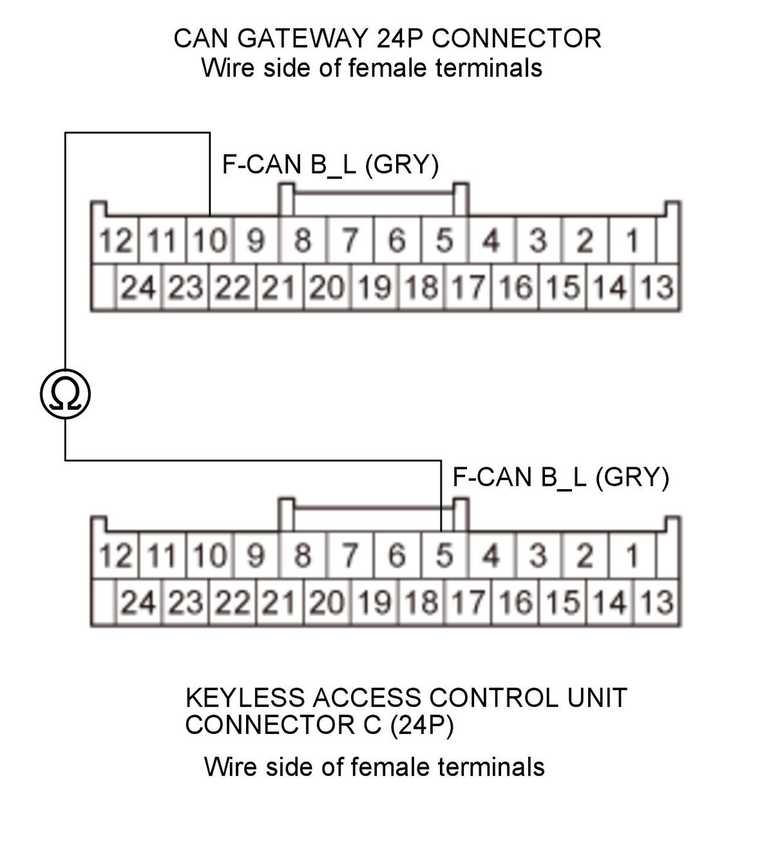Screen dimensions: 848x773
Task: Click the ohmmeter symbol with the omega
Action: point(64,394)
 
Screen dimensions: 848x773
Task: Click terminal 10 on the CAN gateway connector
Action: point(210,242)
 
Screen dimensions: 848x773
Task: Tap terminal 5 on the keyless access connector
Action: point(444,556)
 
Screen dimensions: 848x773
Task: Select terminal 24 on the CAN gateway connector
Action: point(138,287)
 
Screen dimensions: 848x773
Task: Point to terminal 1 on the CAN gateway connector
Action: point(631,242)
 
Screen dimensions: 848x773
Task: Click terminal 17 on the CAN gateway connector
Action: point(467,287)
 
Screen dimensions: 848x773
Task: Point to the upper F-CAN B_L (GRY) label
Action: point(330,165)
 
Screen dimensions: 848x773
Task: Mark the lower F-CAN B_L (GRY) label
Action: point(560,477)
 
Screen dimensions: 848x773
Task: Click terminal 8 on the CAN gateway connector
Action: point(303,242)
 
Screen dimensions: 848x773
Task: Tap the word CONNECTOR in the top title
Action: point(516,39)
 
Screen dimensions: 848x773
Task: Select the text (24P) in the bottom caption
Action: point(422,726)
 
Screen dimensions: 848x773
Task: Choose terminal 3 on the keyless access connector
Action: point(538,556)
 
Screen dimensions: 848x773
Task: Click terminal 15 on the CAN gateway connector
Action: point(562,287)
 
